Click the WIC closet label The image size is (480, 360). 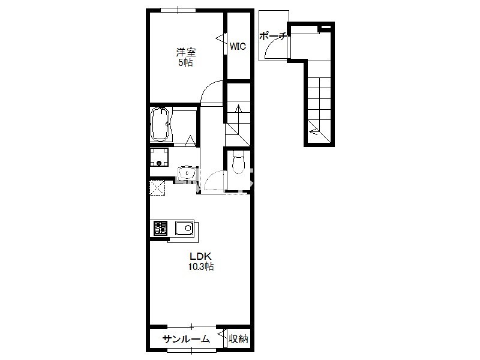coord(238,47)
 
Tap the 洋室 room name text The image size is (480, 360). coord(186,52)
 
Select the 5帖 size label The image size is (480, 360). coord(186,63)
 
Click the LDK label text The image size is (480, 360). coord(200,256)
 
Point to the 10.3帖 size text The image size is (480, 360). coord(201,266)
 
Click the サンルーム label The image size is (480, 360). coord(186,339)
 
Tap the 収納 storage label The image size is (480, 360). coord(238,339)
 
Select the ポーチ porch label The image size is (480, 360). coord(272,37)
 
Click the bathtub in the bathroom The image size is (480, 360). coord(160,124)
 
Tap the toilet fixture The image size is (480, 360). coord(238,162)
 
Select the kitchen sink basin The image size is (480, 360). coord(184,229)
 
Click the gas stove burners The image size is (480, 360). coord(161,228)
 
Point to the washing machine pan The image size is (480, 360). coord(159,157)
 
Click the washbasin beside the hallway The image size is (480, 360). coord(187,173)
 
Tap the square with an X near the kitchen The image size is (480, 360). coord(157,188)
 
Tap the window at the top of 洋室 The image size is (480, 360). coord(178,10)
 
